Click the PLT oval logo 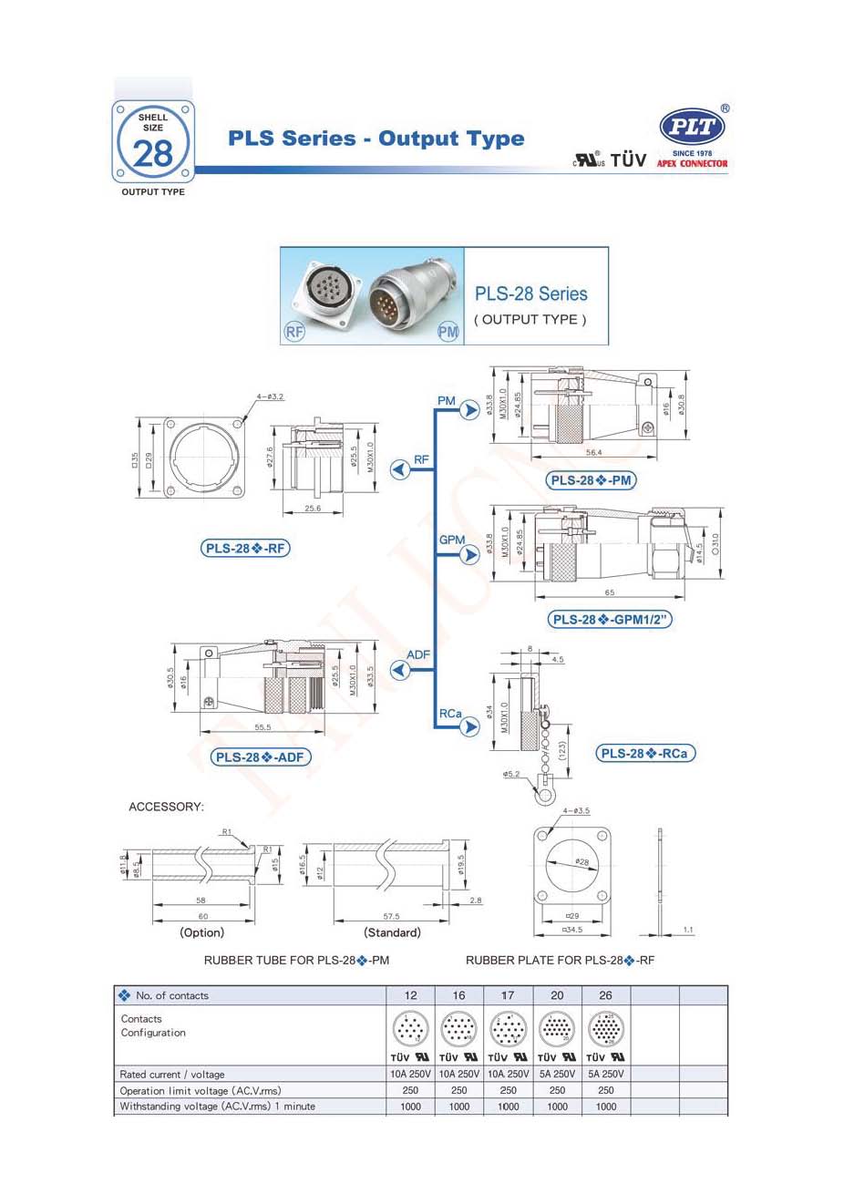(692, 126)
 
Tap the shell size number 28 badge (152, 152)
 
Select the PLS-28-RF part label (245, 548)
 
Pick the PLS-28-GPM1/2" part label (610, 619)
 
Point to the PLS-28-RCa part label (645, 753)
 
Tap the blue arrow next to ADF (399, 670)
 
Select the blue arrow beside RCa (469, 726)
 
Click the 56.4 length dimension (594, 452)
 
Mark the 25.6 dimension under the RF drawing (312, 509)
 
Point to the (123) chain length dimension (563, 750)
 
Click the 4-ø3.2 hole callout (271, 396)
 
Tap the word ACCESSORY (167, 807)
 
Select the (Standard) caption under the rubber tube (392, 932)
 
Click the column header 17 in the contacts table (508, 995)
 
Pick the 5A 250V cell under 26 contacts (606, 1074)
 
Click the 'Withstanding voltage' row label (217, 1107)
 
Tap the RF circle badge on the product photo (294, 332)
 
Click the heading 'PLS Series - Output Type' (376, 139)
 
